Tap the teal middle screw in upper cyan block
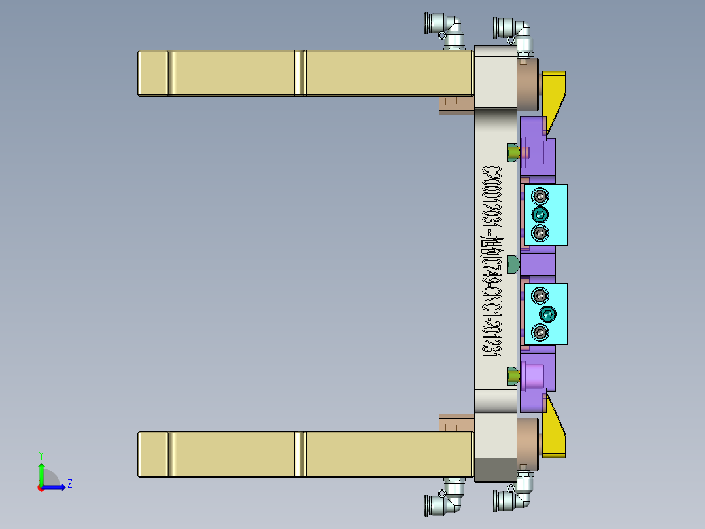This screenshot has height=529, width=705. tap(540, 215)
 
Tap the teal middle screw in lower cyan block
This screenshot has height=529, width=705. tap(547, 314)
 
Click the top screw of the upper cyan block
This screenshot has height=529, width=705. tap(540, 196)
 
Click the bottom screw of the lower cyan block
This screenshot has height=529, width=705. tap(540, 333)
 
